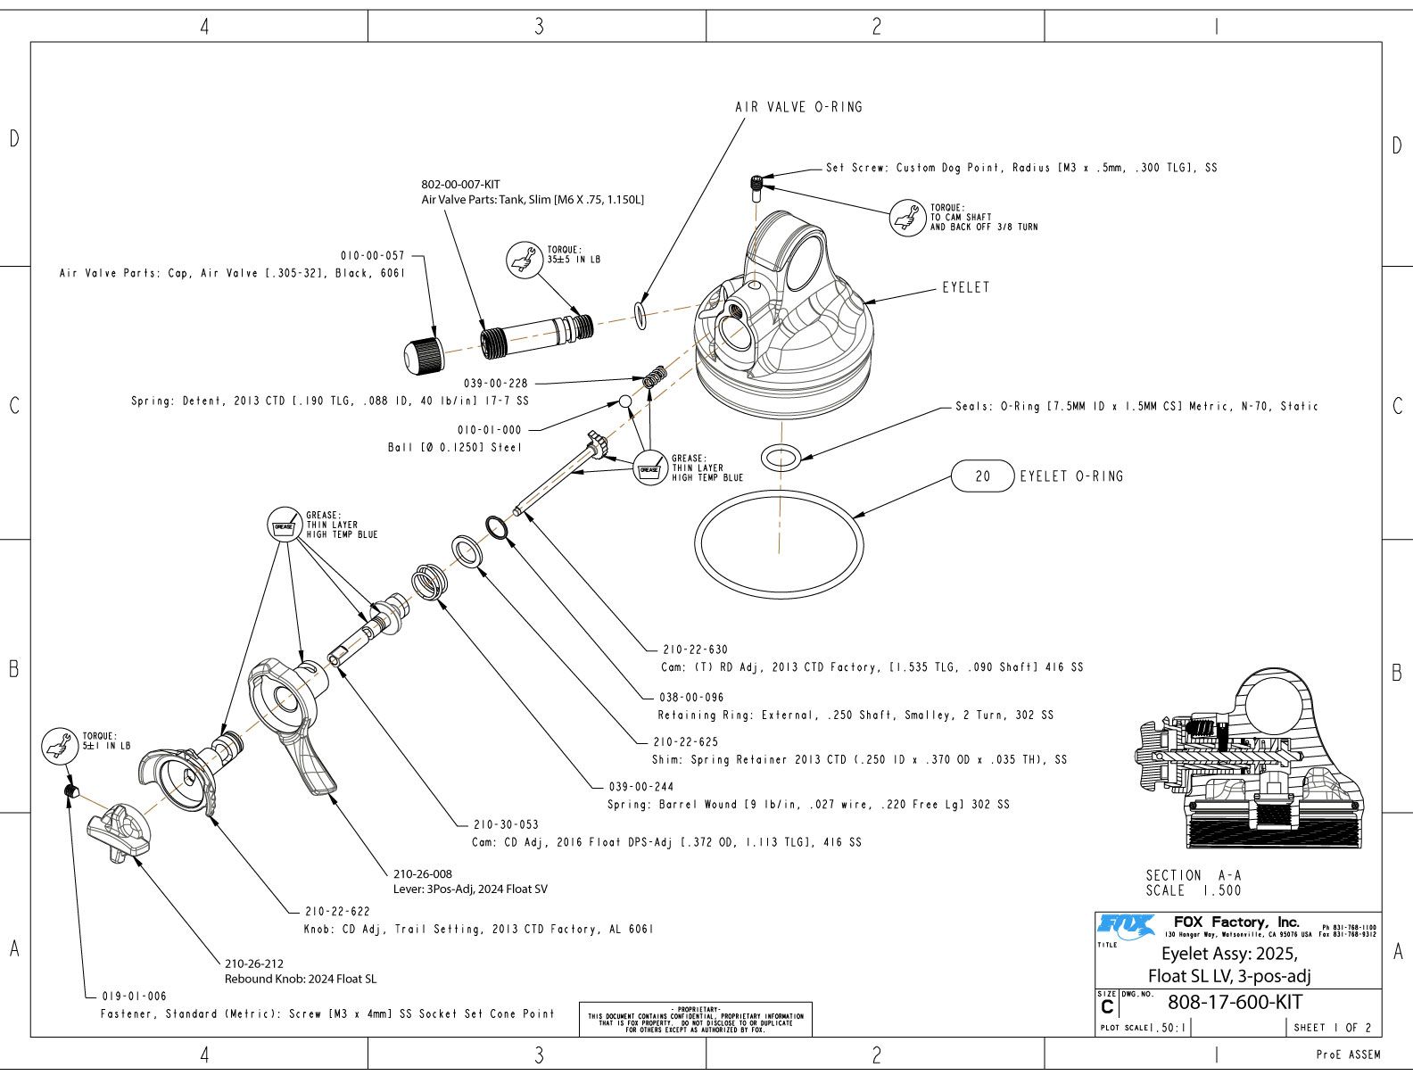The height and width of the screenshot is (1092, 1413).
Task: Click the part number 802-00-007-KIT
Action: tap(460, 185)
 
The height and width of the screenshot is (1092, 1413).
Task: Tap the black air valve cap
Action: tap(424, 355)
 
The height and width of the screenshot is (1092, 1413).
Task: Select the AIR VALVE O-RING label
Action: tap(798, 107)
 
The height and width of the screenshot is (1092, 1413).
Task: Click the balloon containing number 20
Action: tap(982, 476)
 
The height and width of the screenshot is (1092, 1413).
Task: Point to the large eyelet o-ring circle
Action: tap(779, 491)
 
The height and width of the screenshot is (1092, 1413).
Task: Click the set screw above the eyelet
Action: tap(756, 188)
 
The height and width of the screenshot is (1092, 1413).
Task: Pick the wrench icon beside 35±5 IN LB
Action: tap(525, 261)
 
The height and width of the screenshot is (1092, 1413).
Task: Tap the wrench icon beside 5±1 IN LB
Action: tap(60, 746)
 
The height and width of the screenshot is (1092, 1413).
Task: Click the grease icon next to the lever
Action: tap(285, 525)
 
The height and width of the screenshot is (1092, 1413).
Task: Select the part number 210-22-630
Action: tap(695, 649)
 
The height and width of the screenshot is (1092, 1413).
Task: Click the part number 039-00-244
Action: tap(641, 787)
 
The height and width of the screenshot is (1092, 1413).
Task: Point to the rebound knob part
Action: tap(119, 833)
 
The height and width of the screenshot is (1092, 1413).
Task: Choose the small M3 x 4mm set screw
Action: tap(72, 790)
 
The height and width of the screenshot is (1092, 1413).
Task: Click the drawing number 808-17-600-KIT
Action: tap(1235, 1002)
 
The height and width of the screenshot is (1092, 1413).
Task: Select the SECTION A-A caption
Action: tap(1194, 875)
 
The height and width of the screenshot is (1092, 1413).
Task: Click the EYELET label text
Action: tap(966, 287)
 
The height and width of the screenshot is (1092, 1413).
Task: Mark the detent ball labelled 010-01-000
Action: tap(625, 401)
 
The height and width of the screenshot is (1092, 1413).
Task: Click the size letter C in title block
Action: tap(1107, 1007)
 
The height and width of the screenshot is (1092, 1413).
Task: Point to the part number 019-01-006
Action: tap(134, 997)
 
